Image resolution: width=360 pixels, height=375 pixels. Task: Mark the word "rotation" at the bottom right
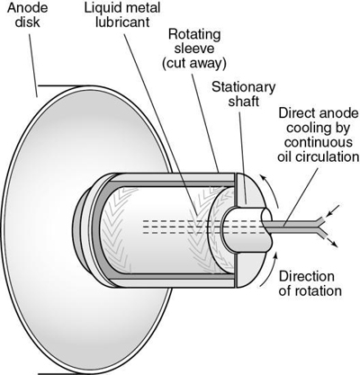[x=311, y=292]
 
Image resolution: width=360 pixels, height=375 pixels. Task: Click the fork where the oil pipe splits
[x=310, y=225]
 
